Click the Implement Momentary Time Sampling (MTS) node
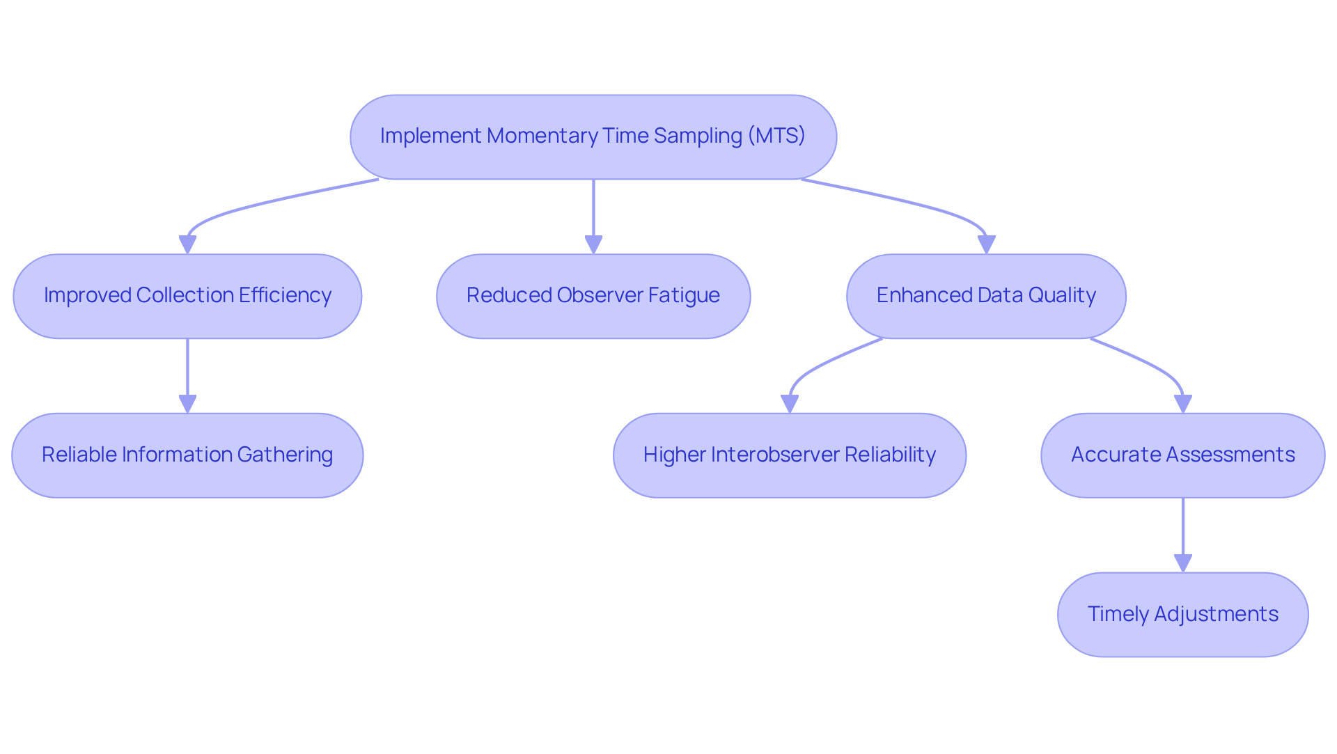coord(593,137)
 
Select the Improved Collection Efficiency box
coord(187,296)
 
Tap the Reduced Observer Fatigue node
coord(593,296)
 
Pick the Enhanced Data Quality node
coord(986,296)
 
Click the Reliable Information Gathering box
coord(187,455)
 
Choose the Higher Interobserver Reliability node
coord(790,455)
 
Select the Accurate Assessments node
coord(1182,455)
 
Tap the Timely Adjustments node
coord(1182,614)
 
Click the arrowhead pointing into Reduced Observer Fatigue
coord(593,245)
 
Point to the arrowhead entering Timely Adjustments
coord(1182,563)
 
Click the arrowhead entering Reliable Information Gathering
coord(187,404)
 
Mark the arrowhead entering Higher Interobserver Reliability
coord(790,404)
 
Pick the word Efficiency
coord(285,295)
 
